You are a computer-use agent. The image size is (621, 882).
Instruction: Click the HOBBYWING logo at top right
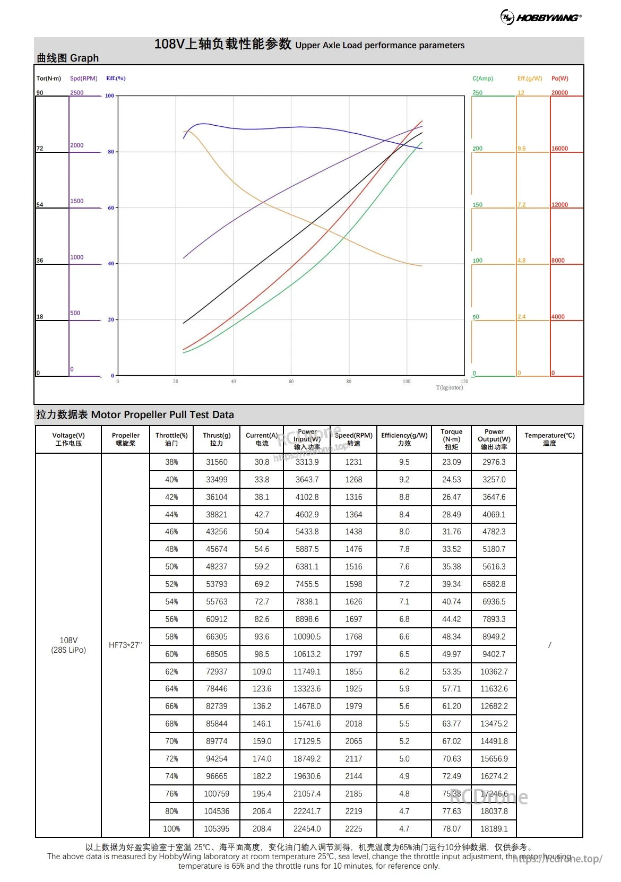(x=541, y=18)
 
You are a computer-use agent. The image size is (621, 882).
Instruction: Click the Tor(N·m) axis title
(x=48, y=79)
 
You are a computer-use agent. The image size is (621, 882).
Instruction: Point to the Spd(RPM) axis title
(x=84, y=79)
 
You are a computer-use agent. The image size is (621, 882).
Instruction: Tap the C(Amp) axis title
(x=482, y=79)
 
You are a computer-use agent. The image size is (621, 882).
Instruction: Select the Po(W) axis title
(x=559, y=79)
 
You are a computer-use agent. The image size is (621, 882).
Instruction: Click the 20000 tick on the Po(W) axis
(x=559, y=93)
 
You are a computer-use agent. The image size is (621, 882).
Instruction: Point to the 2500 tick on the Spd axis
(x=77, y=93)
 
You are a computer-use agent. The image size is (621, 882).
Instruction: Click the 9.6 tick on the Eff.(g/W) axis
(x=522, y=149)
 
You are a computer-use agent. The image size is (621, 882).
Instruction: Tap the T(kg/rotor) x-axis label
(x=449, y=388)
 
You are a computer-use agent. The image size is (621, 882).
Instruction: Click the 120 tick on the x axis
(x=464, y=382)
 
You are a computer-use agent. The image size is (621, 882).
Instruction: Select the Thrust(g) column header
(x=217, y=439)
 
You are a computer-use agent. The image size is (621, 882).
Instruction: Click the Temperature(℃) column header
(x=549, y=439)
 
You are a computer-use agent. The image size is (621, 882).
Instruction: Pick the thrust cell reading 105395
(x=217, y=829)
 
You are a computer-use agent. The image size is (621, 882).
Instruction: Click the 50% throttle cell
(x=171, y=567)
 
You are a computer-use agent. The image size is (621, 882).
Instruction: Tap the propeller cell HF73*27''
(x=125, y=645)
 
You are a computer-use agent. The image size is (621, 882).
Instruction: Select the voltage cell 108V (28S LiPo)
(x=68, y=645)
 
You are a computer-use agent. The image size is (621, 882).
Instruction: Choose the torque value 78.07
(x=452, y=829)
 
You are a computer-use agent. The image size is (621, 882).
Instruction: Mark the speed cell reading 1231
(x=353, y=462)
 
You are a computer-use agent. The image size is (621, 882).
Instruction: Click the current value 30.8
(x=262, y=462)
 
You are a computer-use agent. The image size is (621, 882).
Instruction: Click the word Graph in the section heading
(x=84, y=58)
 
